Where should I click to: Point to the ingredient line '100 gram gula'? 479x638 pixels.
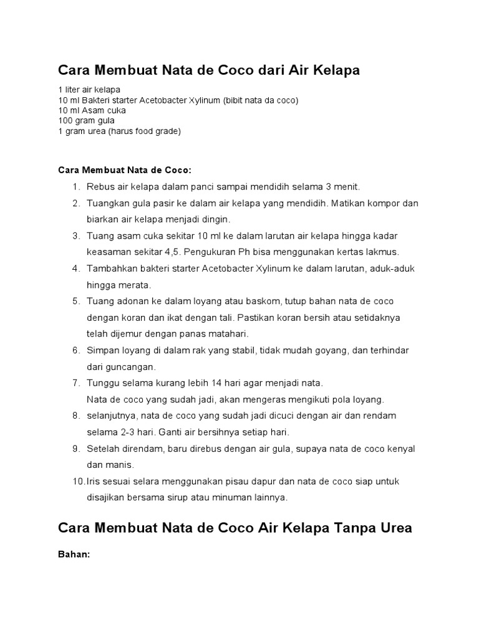[87, 121]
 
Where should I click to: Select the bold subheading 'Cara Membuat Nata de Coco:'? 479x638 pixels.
[125, 169]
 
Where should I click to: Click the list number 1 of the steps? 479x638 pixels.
[75, 187]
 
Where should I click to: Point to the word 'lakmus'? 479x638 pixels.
[384, 252]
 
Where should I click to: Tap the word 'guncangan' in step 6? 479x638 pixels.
[131, 366]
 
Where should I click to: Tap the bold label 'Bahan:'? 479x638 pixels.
[74, 554]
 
